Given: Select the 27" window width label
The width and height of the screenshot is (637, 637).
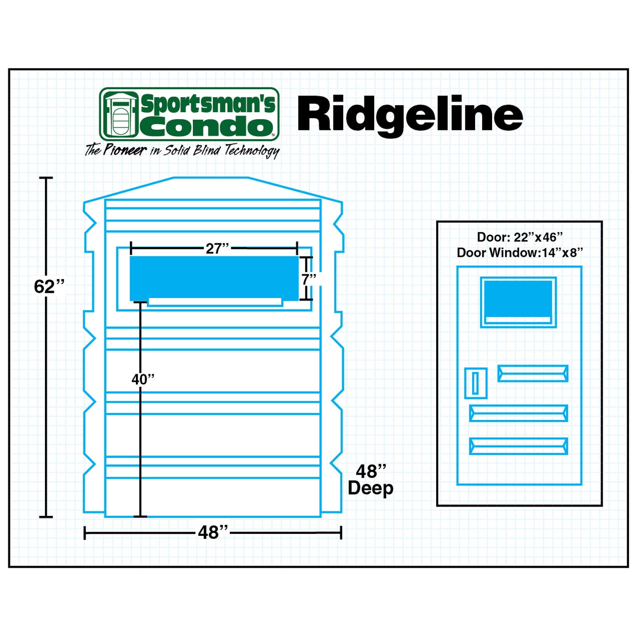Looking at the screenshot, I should pos(217,248).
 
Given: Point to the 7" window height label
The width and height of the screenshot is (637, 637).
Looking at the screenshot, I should pos(309,279).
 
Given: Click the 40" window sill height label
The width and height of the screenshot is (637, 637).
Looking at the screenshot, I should pos(143,379).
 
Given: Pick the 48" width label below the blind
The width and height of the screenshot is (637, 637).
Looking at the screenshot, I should pos(213,533).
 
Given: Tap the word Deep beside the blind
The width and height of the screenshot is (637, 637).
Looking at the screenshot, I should pos(370,488).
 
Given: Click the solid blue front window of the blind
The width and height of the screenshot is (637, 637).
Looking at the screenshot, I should pos(214,278).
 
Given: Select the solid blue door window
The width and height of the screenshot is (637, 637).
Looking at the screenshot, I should pos(518,299).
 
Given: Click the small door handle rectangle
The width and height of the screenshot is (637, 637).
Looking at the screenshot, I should pos(475,383).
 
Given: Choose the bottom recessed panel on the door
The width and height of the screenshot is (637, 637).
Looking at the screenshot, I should pos(518,446).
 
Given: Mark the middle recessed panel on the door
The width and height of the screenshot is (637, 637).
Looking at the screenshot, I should pos(518,413).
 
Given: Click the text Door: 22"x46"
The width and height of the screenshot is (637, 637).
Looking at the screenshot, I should pos(519,237).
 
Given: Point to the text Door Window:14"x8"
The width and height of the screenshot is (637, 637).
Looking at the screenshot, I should pos(519,253).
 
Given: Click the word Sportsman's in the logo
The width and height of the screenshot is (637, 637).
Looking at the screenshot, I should pos(208,104).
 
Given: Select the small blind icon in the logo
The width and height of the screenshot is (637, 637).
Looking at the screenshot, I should pos(121,114).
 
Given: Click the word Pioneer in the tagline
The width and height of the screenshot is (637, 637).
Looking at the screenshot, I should pos(125,150).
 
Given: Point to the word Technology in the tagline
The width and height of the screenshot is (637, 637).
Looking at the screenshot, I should pos(251,151).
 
